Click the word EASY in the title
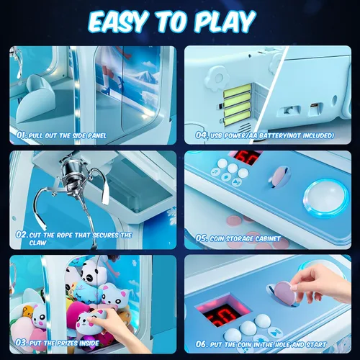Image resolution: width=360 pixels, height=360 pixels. point(118,22)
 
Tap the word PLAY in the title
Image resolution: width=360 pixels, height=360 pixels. point(224,22)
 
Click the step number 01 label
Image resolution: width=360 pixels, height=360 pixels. point(22,135)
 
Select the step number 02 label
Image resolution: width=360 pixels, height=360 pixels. point(22,235)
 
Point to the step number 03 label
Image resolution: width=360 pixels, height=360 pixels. point(22,343)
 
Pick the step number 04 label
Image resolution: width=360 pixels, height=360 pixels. point(202,135)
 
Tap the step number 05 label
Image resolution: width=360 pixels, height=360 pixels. point(202,238)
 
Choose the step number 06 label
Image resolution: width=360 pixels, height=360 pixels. point(202,344)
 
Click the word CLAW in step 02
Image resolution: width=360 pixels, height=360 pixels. point(37,243)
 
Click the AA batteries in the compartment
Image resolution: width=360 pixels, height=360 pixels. point(237,104)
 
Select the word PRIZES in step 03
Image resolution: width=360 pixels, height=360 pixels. point(67,343)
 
